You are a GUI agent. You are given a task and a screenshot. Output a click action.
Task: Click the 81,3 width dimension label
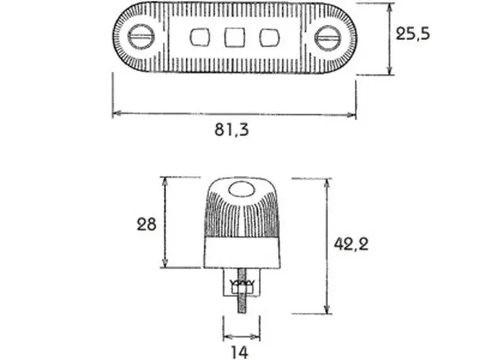point(232,130)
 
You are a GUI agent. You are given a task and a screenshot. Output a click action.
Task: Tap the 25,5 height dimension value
point(412,33)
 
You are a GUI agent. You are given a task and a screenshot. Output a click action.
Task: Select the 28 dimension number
point(146,224)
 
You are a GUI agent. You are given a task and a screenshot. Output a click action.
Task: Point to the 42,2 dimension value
point(351,244)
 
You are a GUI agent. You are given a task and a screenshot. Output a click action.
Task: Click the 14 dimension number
point(240,352)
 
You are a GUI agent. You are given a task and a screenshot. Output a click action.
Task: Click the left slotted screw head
point(141,37)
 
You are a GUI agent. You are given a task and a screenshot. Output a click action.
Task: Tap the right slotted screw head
point(328,38)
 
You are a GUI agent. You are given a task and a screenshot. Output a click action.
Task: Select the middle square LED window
point(235,37)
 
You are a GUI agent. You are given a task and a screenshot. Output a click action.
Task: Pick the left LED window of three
point(200,37)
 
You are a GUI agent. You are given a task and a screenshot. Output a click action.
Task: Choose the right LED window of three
point(269,37)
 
